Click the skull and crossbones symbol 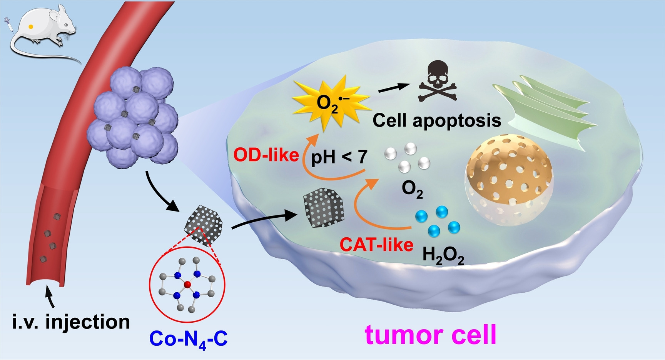point(437,82)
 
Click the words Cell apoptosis point(437,120)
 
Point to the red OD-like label point(266,155)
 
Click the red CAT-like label point(376,244)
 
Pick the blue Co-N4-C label point(188,339)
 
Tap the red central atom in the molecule point(187,285)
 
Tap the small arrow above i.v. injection point(50,298)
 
